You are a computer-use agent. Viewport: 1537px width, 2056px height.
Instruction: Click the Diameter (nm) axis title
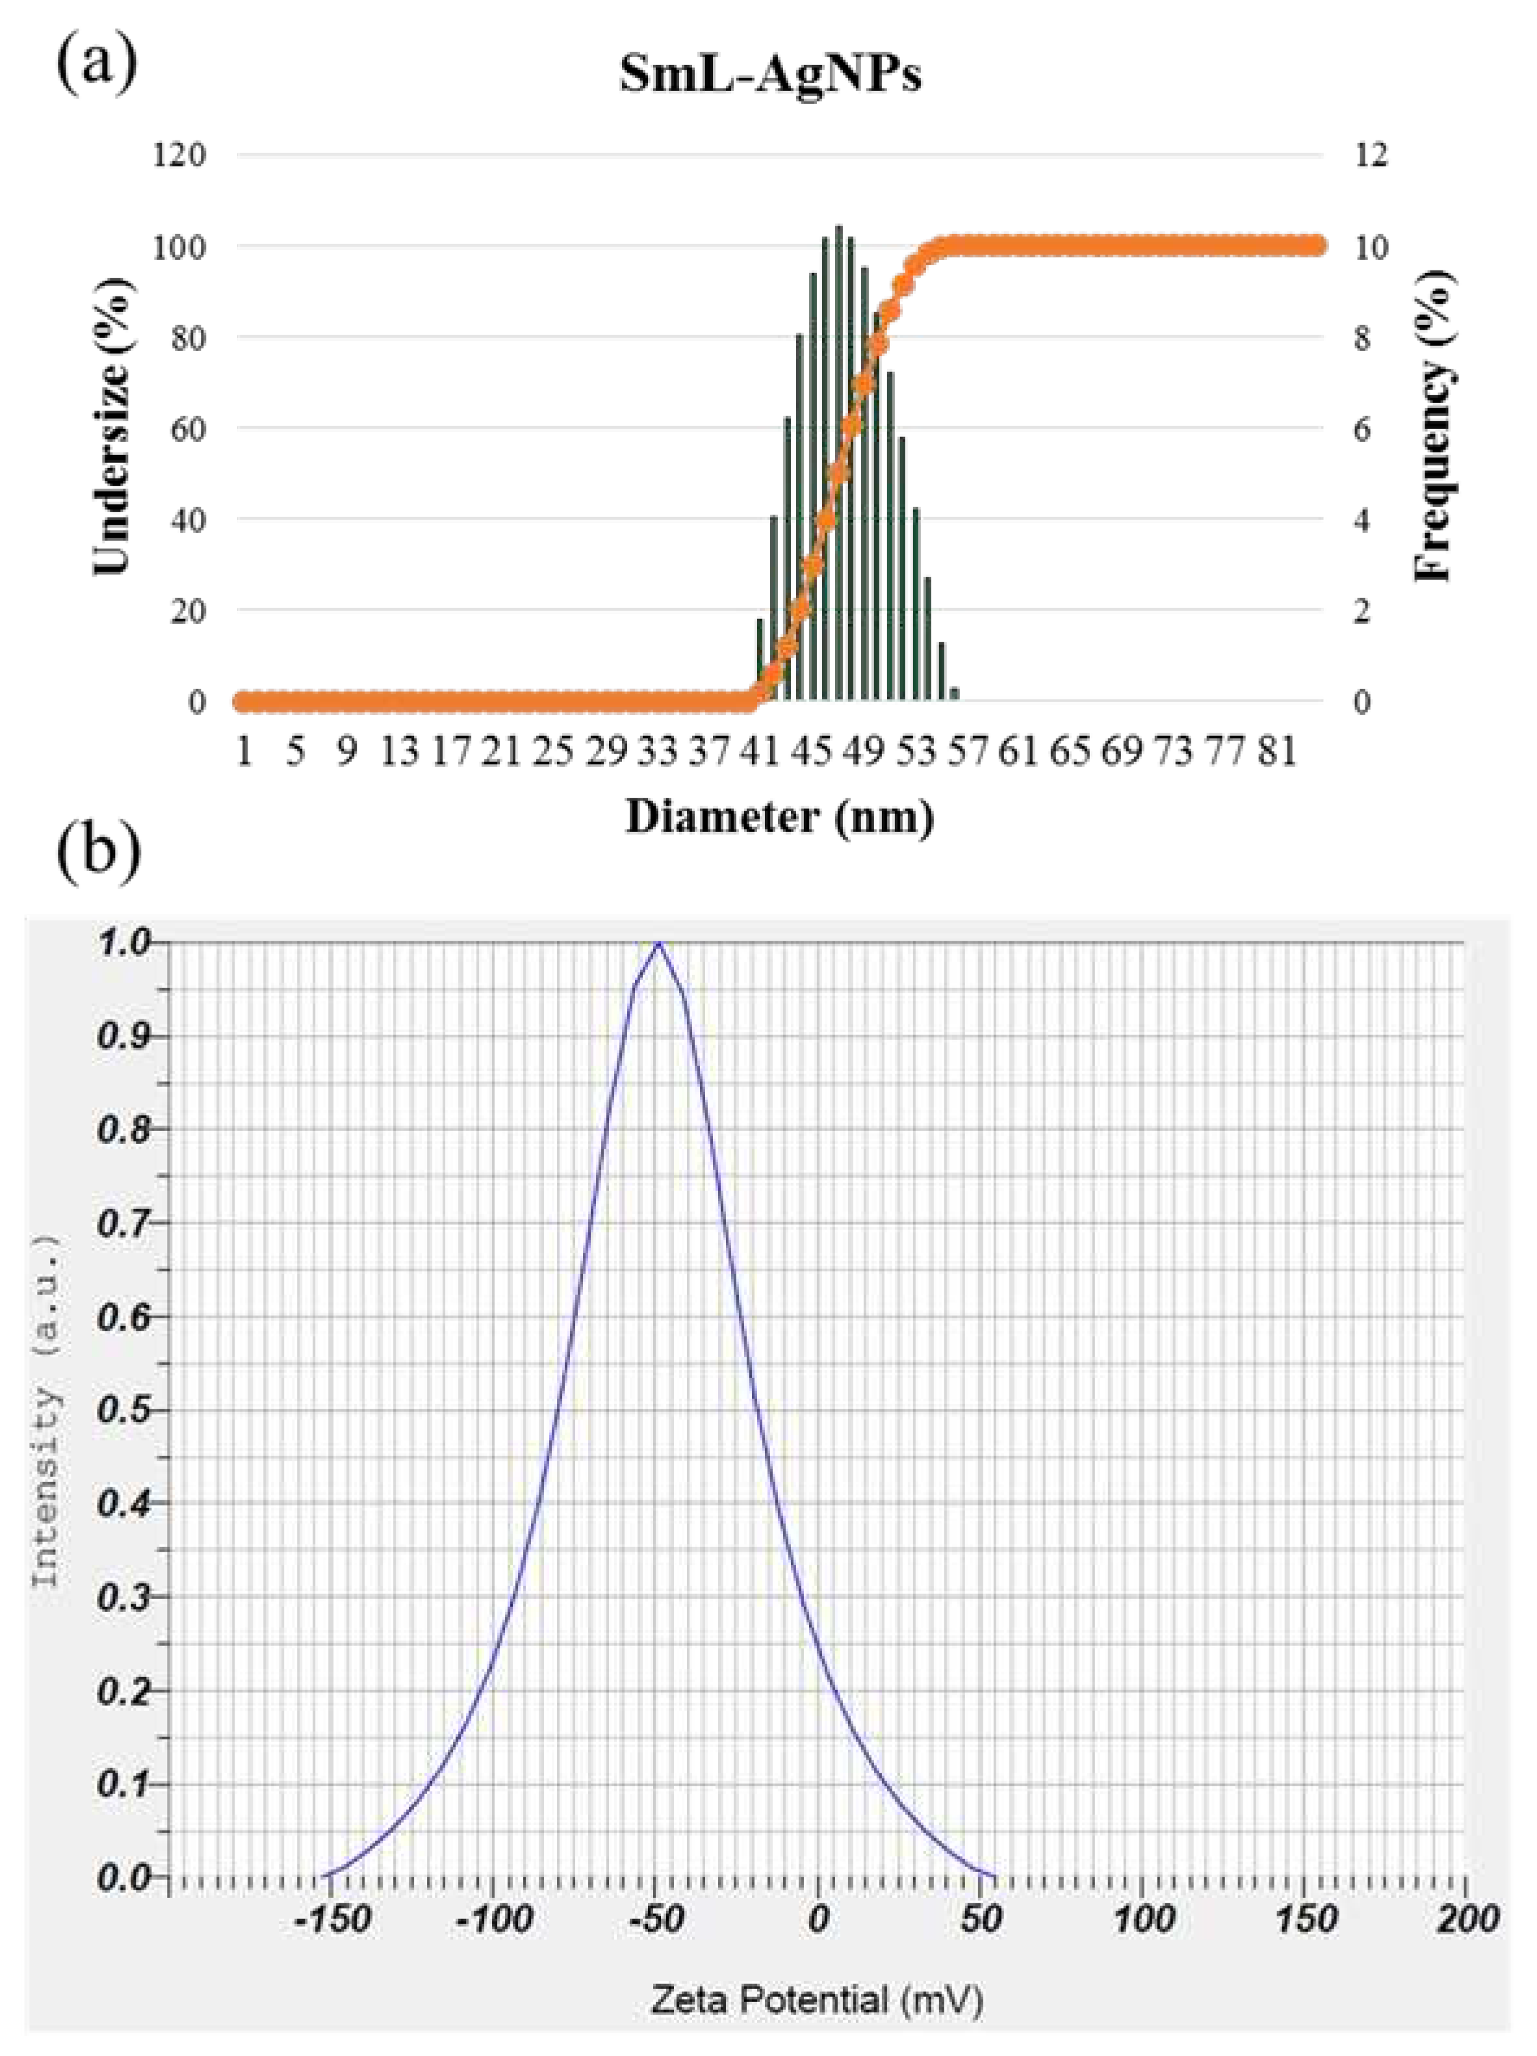pos(779,818)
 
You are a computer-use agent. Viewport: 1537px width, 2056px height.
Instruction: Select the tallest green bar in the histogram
pos(838,465)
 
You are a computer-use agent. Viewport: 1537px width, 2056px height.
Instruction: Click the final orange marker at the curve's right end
pos(1317,246)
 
